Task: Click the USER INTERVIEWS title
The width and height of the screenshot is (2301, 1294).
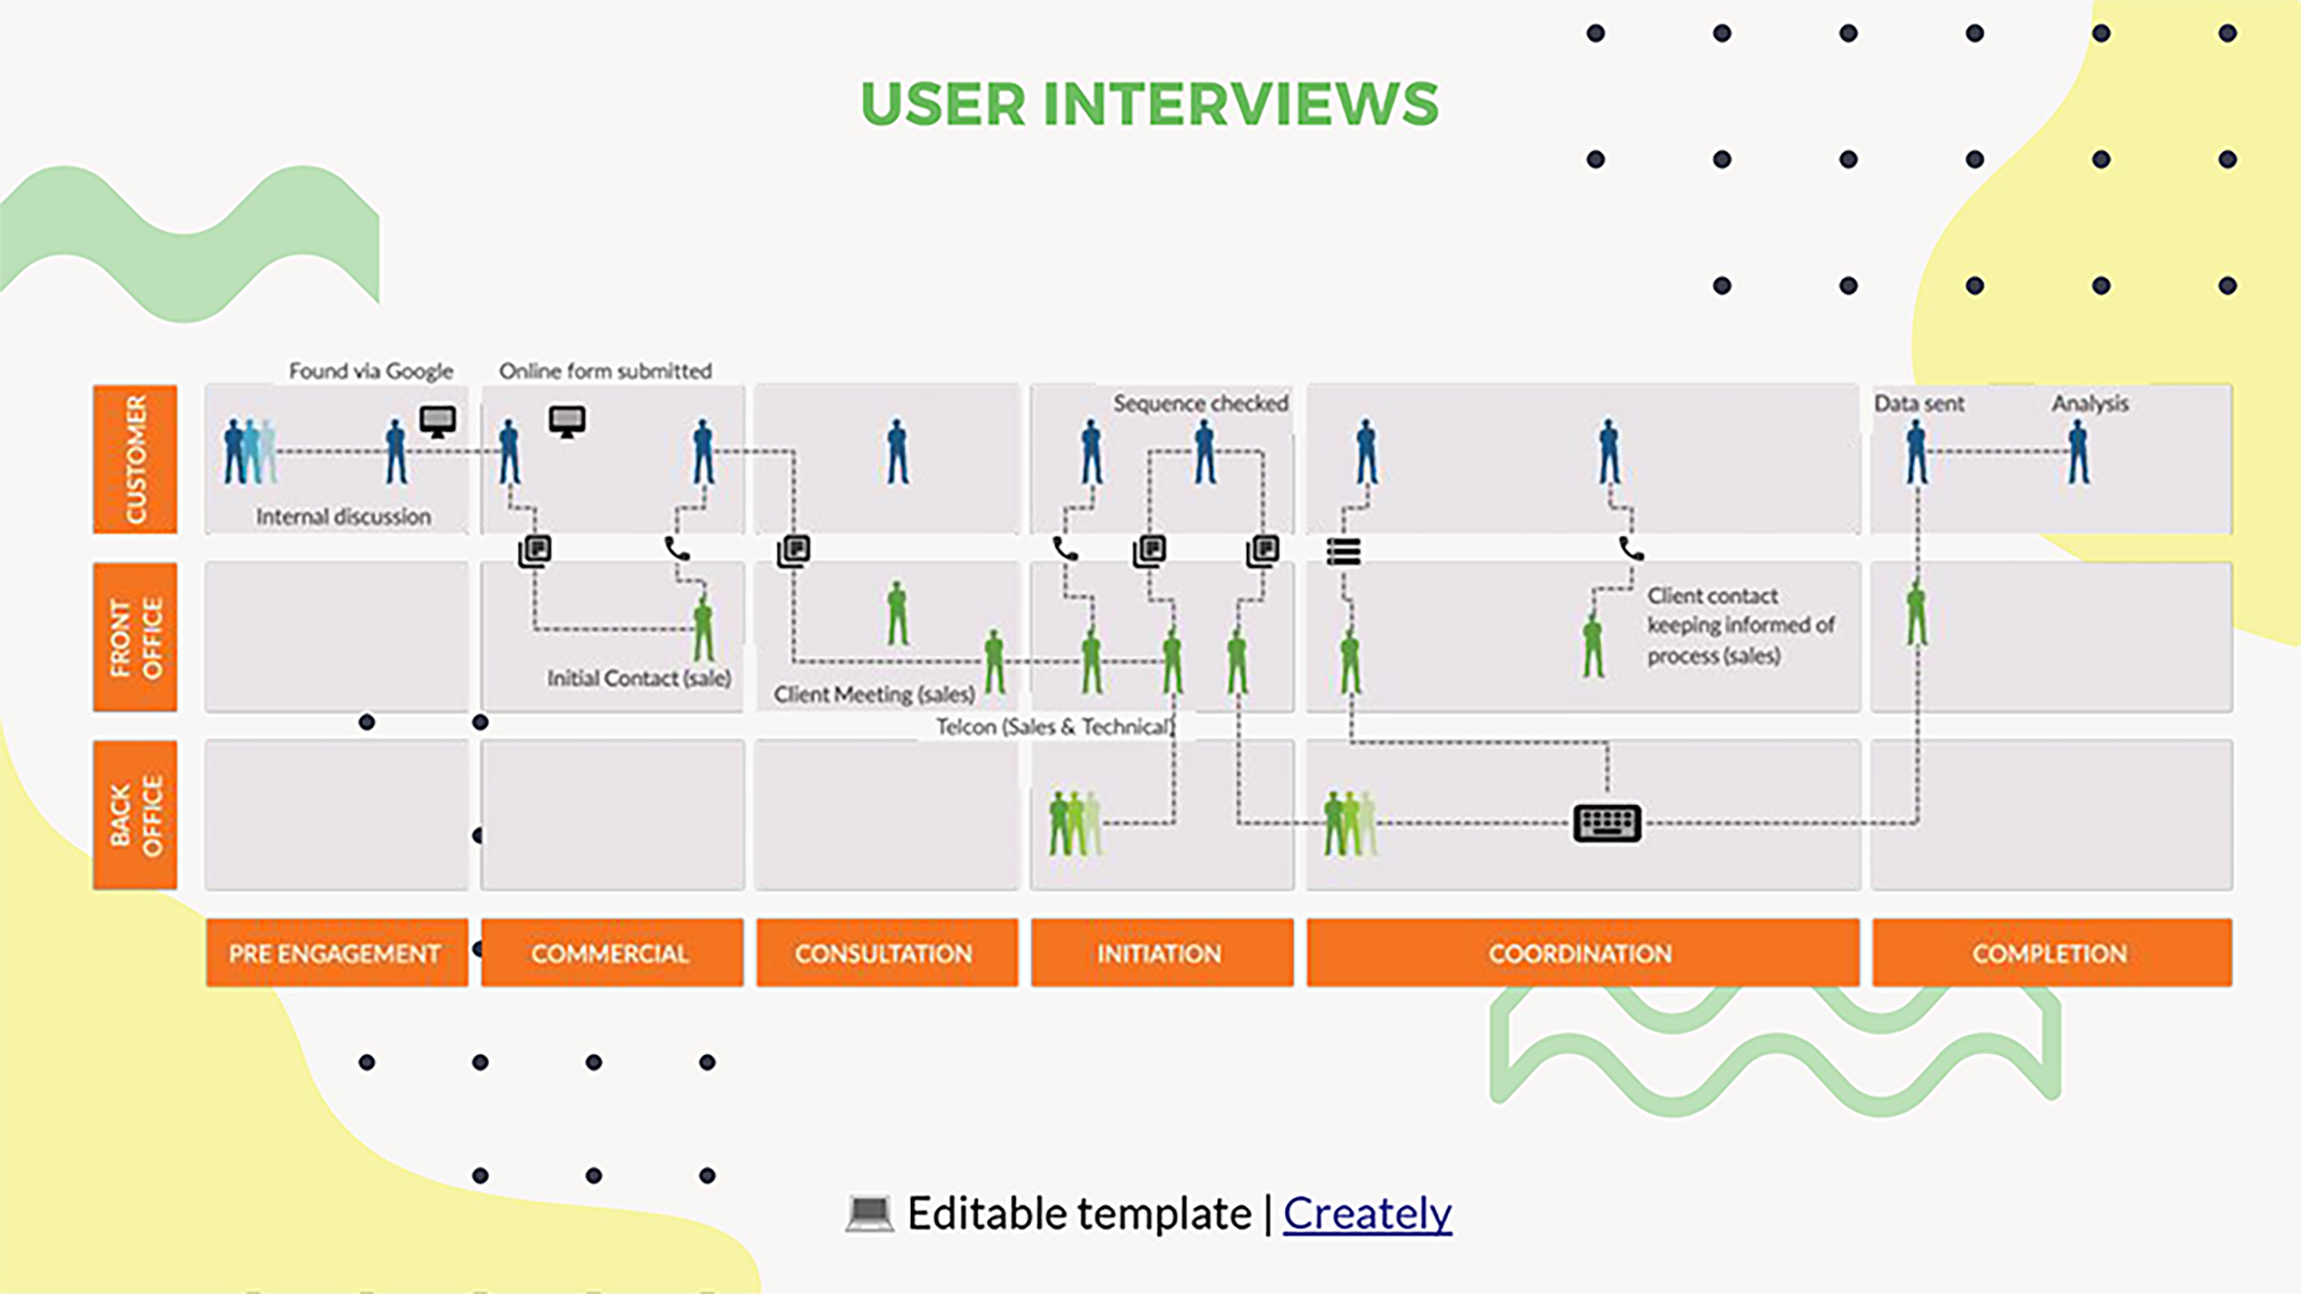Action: [1150, 103]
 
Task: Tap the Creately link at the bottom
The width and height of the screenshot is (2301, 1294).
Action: [1367, 1214]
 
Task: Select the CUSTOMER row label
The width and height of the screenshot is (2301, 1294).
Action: [135, 459]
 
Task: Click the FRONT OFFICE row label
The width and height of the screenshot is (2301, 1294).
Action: [135, 637]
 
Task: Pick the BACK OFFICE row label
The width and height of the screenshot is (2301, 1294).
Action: [135, 814]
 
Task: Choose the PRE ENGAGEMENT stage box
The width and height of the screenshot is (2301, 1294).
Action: [336, 953]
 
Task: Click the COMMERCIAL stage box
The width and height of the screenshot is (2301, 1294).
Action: [611, 953]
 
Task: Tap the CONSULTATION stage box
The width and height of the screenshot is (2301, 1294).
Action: [886, 953]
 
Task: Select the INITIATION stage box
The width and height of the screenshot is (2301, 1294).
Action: [1161, 953]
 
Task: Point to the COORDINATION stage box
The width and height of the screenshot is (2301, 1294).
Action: [1582, 953]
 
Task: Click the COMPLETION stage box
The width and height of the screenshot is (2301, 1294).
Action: [2051, 953]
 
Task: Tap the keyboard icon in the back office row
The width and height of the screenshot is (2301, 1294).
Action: [1606, 823]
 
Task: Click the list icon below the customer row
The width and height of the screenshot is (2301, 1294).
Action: [1344, 551]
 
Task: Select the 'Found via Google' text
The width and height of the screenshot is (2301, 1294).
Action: [370, 370]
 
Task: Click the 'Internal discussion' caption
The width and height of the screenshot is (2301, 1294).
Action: [343, 516]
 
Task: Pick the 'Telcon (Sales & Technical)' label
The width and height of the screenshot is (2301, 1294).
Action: [1054, 727]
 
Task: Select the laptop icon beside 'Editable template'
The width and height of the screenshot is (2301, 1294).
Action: [869, 1214]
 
